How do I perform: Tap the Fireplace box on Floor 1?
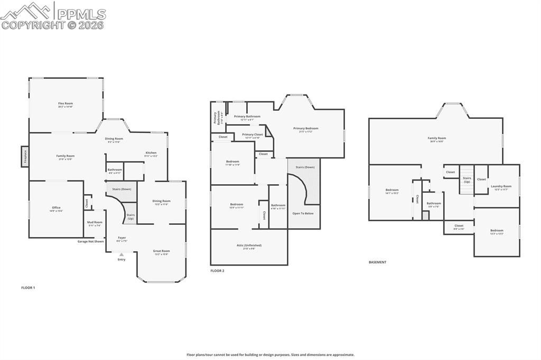point(24,156)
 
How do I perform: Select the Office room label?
point(57,209)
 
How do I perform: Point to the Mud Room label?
point(95,223)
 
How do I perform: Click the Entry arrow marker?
point(122,255)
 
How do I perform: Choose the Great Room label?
point(161,252)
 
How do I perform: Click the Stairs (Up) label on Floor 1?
point(130,216)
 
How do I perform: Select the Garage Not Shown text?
point(91,241)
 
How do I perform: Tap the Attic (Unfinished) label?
point(249,246)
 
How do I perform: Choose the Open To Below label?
point(303,213)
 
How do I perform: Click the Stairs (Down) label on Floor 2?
point(305,167)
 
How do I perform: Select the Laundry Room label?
point(501,187)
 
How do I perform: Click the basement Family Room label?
point(437,139)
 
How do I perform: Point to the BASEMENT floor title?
point(377,262)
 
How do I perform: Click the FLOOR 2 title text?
point(217,271)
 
